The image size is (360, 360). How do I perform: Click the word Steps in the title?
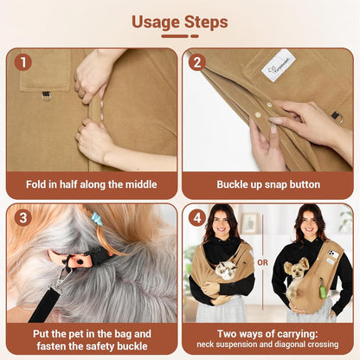208,22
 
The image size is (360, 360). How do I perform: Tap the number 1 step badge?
23,62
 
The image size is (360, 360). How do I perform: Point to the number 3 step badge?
23,217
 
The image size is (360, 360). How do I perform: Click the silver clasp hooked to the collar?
61,276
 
